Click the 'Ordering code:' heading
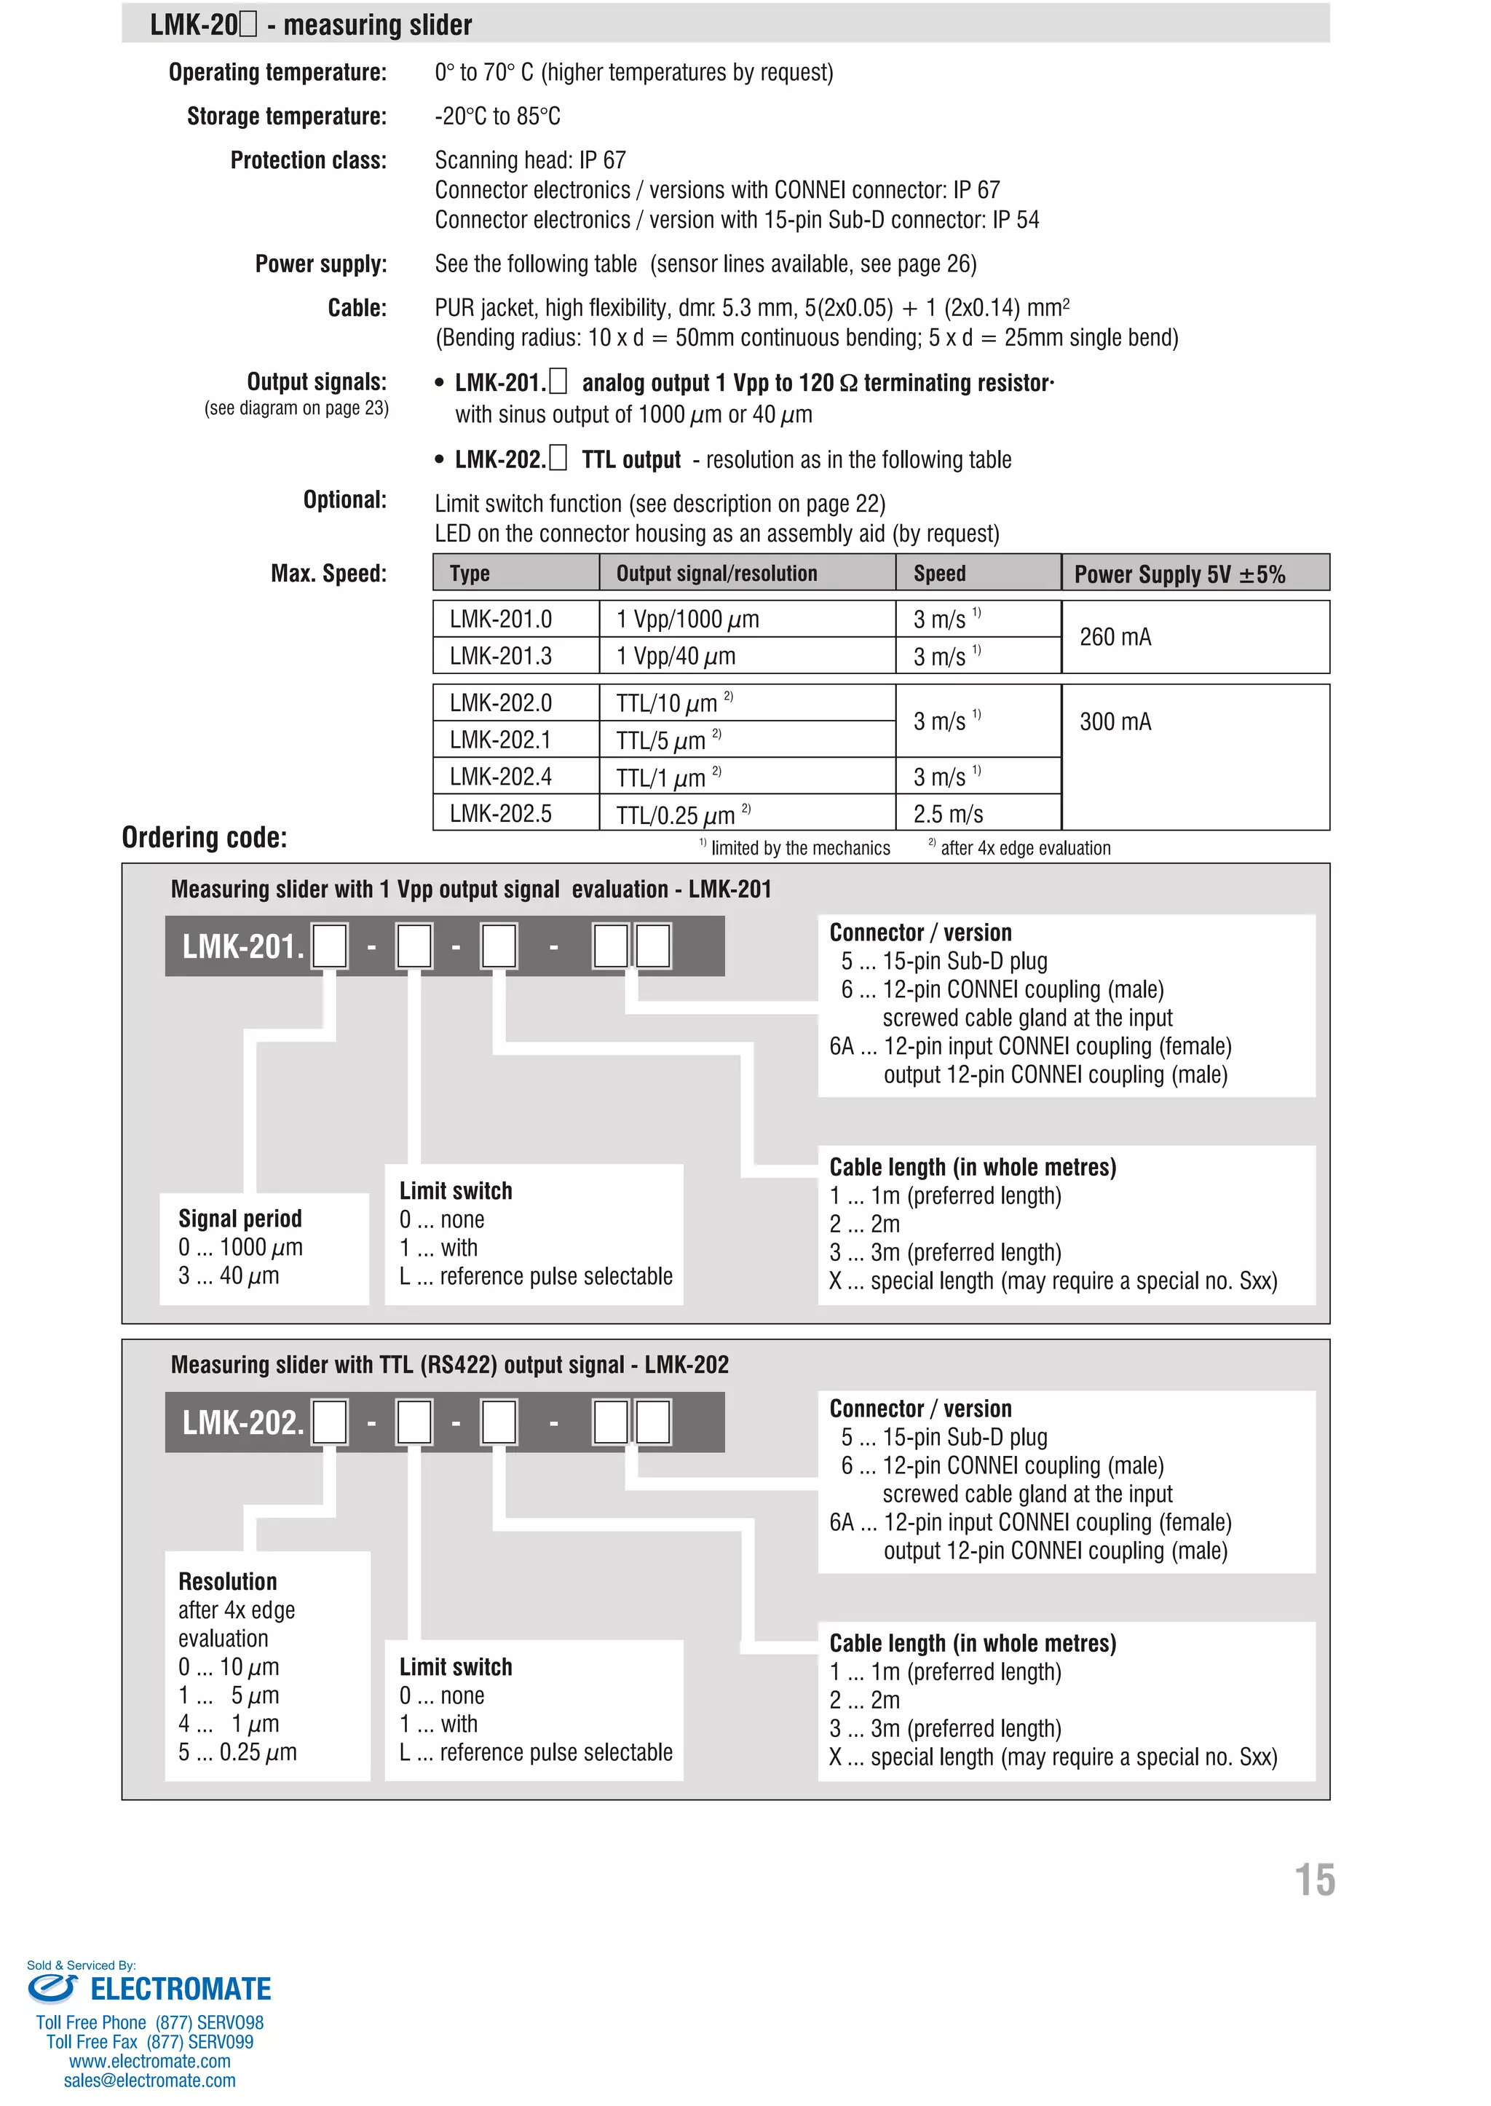[204, 837]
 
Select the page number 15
[1314, 1881]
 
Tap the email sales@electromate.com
[150, 2081]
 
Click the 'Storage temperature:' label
[286, 116]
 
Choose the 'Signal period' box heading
[240, 1219]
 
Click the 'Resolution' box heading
[228, 1581]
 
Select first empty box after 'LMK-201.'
[330, 946]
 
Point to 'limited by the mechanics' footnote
[799, 848]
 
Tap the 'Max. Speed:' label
[328, 574]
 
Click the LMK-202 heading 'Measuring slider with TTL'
[449, 1364]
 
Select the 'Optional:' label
[344, 500]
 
